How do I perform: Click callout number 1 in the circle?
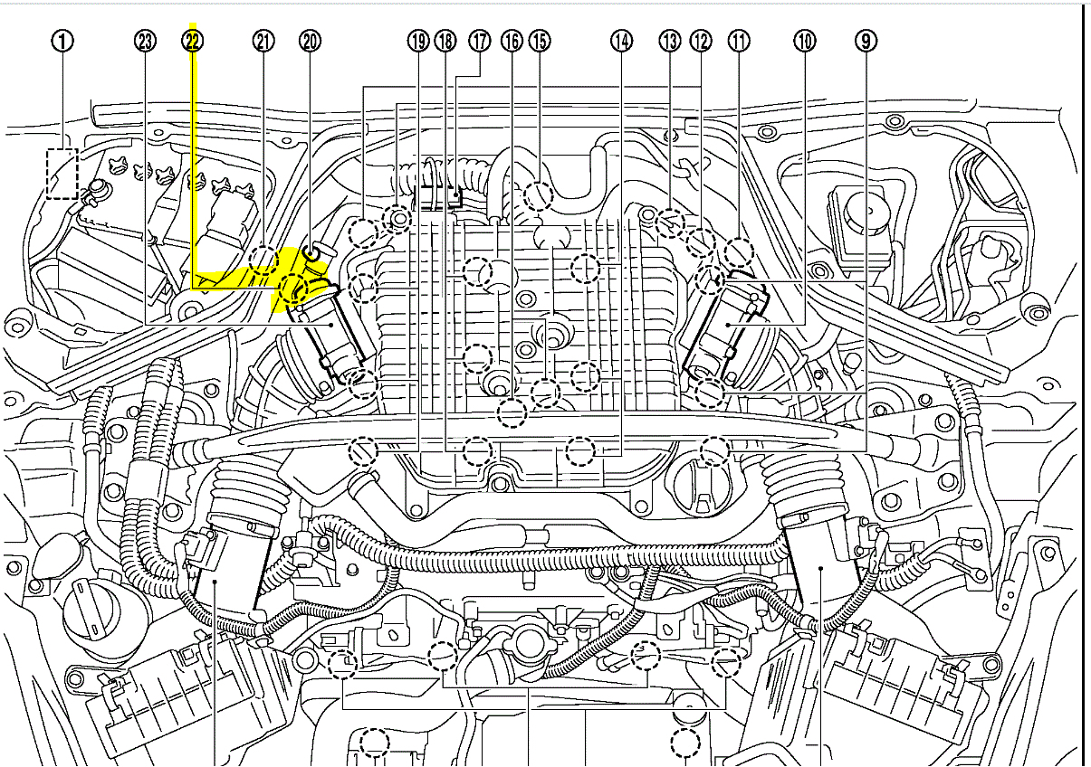point(62,41)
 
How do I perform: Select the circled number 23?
point(145,41)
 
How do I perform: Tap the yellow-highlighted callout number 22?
point(193,41)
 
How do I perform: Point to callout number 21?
point(263,41)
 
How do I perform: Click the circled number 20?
point(310,41)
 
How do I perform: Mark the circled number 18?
point(445,41)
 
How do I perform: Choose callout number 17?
point(479,41)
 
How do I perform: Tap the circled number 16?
point(512,41)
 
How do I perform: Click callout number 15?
point(540,41)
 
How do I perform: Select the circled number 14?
point(621,41)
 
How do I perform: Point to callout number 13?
point(669,41)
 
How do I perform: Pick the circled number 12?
point(701,41)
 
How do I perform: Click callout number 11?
point(740,41)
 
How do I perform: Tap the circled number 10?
point(804,41)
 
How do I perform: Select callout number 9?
point(866,41)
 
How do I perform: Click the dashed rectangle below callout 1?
point(62,174)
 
